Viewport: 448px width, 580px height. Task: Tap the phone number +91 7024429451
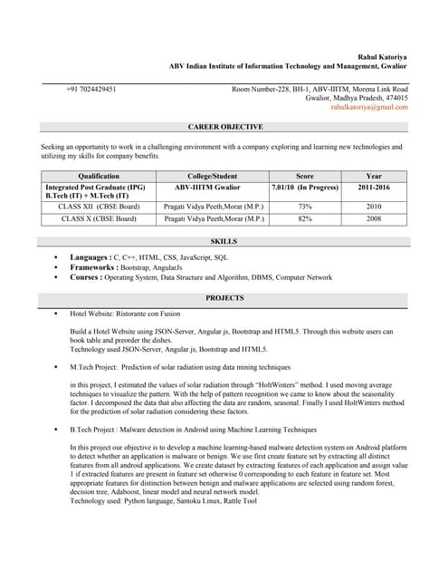click(x=91, y=89)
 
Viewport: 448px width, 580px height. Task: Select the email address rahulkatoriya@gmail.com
click(x=369, y=107)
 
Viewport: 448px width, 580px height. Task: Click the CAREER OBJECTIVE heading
click(x=224, y=128)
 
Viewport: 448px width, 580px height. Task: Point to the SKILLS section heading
click(x=224, y=241)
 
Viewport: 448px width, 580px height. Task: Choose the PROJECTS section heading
click(x=224, y=297)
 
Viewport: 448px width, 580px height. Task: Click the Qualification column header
click(x=99, y=176)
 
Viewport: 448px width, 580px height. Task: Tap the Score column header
click(x=305, y=176)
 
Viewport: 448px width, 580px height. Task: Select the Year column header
click(x=374, y=176)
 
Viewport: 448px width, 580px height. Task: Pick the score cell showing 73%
click(x=305, y=207)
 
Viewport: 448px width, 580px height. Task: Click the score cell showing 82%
click(x=305, y=218)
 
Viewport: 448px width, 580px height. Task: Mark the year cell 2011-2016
click(x=374, y=188)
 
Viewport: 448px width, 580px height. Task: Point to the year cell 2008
click(x=374, y=218)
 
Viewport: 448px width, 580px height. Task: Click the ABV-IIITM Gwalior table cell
click(x=214, y=188)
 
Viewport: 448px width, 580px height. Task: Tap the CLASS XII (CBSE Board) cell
click(x=99, y=207)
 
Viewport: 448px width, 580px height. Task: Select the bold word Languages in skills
click(x=90, y=257)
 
